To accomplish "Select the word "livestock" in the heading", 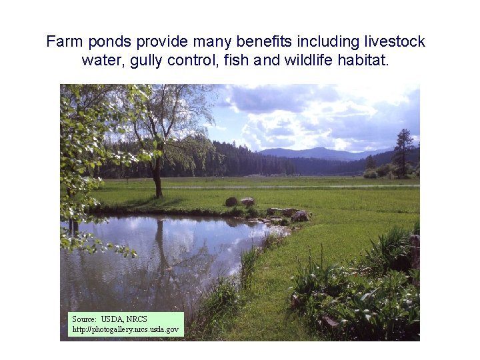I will pos(395,42).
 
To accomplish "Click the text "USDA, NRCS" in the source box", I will pos(124,319).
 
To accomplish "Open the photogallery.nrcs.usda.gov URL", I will pos(125,329).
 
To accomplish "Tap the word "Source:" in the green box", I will pos(85,319).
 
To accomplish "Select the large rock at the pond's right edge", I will pos(299,215).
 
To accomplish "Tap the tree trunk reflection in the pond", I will pos(161,244).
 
